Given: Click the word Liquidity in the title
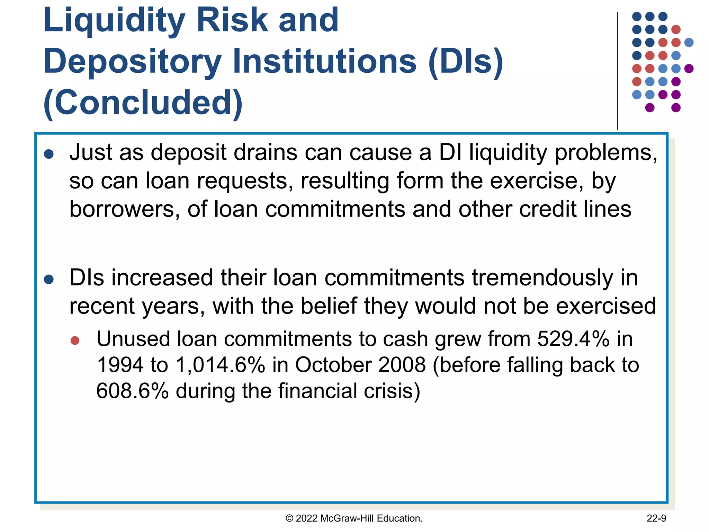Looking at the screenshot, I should coord(114,21).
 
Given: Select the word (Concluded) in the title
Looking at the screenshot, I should coord(143,103).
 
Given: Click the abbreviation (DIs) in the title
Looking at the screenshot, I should coord(466,62).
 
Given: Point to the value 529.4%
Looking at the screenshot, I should coord(573,339).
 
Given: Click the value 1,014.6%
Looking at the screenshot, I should coord(220,365).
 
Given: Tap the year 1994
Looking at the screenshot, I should coord(120,365).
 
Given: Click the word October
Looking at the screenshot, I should coord(333,365).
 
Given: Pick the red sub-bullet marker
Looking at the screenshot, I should coord(75,340).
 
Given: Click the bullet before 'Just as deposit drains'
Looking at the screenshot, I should coord(49,154).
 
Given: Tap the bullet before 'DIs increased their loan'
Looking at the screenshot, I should coord(49,280).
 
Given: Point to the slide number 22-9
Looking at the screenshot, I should coord(656,518).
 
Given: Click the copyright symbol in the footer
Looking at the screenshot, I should coord(289,518).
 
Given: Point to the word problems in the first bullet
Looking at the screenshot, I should coord(606,152).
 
